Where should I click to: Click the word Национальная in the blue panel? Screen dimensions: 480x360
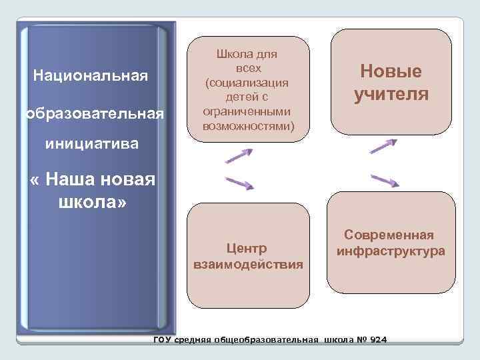pyautogui.click(x=89, y=73)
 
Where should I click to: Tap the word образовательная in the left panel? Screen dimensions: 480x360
pyautogui.click(x=93, y=114)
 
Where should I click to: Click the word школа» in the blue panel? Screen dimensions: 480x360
pyautogui.click(x=92, y=201)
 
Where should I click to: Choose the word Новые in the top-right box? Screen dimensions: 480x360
pyautogui.click(x=391, y=72)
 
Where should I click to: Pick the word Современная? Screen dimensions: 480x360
pyautogui.click(x=389, y=235)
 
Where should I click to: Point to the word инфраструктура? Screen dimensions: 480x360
pyautogui.click(x=391, y=251)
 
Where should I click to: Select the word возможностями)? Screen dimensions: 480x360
pyautogui.click(x=247, y=125)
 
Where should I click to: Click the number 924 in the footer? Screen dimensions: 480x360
pyautogui.click(x=377, y=340)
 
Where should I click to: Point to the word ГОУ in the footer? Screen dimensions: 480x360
pyautogui.click(x=162, y=340)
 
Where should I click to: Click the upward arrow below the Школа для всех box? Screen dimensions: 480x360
pyautogui.click(x=239, y=155)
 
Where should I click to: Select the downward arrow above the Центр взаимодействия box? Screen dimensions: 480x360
pyautogui.click(x=239, y=182)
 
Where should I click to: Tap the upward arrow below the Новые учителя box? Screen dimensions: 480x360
pyautogui.click(x=384, y=146)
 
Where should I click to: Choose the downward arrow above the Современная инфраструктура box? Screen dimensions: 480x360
pyautogui.click(x=384, y=181)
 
